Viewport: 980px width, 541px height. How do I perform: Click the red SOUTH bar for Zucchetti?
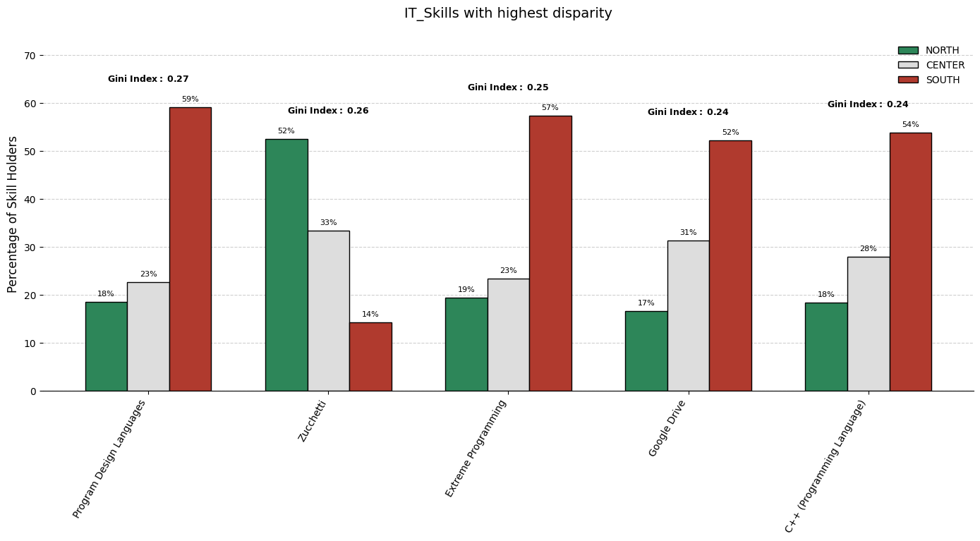tap(370, 356)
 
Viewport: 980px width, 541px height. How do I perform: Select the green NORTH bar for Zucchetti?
tap(286, 265)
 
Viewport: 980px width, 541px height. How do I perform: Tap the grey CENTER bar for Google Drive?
tap(688, 315)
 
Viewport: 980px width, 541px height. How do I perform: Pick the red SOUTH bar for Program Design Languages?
tap(190, 249)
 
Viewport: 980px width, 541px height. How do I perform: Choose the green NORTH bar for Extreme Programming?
tap(466, 344)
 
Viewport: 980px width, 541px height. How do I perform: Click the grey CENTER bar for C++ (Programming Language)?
tap(868, 324)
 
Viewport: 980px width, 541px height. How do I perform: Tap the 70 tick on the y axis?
tap(30, 56)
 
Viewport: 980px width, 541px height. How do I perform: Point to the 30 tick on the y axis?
tap(30, 248)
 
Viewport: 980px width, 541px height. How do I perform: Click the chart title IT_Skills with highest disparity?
tap(508, 13)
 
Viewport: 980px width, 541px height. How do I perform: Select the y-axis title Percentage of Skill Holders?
tap(13, 214)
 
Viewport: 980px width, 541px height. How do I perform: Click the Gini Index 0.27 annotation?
tap(148, 79)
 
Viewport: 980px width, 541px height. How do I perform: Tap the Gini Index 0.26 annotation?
tap(328, 111)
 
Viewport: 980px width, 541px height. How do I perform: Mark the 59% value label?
tap(190, 99)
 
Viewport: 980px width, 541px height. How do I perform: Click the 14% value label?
tap(370, 315)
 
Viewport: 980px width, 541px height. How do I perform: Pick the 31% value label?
tap(688, 233)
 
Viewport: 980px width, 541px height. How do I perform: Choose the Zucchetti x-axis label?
tap(313, 421)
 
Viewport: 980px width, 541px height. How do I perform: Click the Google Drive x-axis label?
tap(667, 427)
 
